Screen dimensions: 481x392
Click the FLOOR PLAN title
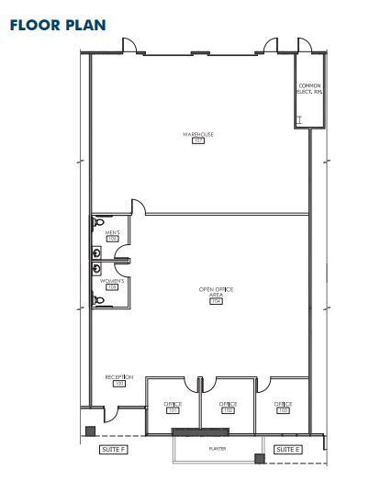[x=56, y=24]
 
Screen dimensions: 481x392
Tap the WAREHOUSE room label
[x=197, y=135]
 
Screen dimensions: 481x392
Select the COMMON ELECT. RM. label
[x=308, y=89]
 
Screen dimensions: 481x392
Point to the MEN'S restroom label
[x=112, y=234]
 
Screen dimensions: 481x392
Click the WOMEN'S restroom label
[x=112, y=280]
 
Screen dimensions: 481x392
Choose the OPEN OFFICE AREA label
[x=217, y=292]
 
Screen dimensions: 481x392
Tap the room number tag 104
[x=217, y=301]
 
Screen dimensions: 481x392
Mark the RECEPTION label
[x=119, y=377]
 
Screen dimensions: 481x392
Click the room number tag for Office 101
[x=173, y=410]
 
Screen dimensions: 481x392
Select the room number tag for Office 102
[x=228, y=410]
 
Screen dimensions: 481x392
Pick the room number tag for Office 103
[x=283, y=410]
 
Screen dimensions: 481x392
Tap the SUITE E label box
[x=287, y=449]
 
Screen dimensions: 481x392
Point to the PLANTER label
[x=218, y=449]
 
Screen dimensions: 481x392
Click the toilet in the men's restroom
[x=97, y=223]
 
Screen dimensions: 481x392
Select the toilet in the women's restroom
[x=97, y=299]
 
